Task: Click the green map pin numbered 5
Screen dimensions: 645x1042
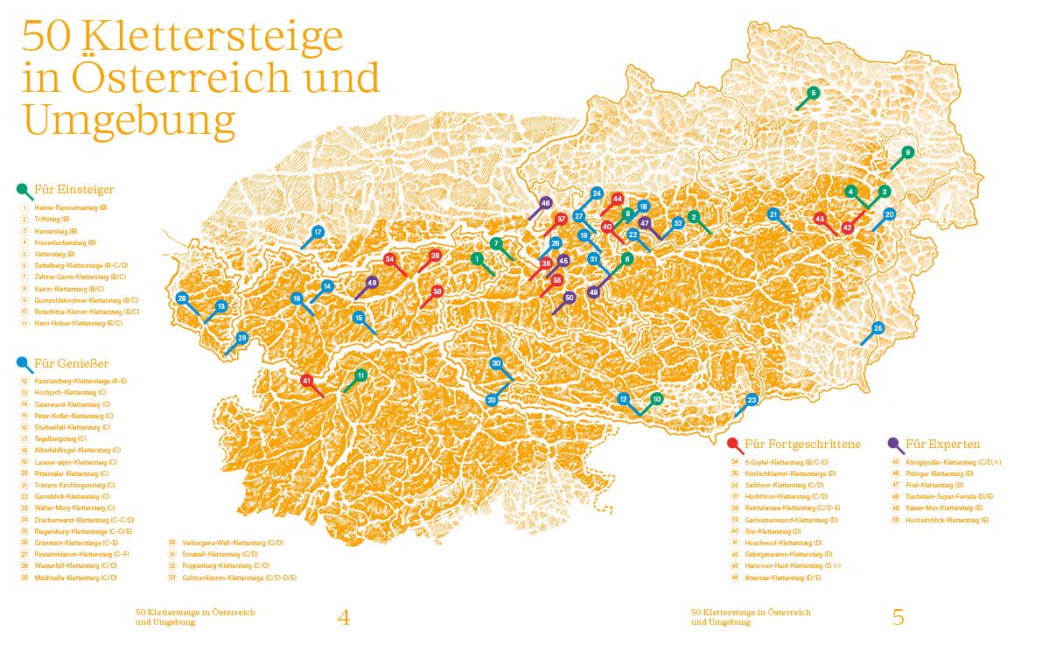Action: (x=813, y=93)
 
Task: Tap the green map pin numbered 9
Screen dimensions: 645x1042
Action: (x=907, y=152)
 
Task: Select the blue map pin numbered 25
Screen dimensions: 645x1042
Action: (x=878, y=329)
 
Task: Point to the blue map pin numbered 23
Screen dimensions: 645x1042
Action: (x=752, y=400)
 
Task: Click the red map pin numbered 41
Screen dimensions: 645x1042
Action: (x=306, y=381)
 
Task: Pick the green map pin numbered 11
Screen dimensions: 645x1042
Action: (x=360, y=375)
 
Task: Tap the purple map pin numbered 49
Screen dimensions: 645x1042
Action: (x=372, y=283)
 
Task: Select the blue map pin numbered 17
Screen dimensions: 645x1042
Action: (x=318, y=232)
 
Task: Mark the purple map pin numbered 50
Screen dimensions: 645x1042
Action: (x=569, y=298)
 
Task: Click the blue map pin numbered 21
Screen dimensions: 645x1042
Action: (x=773, y=214)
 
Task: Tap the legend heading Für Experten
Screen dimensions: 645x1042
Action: (x=942, y=444)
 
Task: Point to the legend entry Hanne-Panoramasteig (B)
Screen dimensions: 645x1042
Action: (x=70, y=208)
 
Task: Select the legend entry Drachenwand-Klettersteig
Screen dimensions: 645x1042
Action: (x=73, y=519)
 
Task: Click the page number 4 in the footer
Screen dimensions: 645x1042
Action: (x=343, y=617)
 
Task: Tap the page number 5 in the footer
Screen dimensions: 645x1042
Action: (x=898, y=617)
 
